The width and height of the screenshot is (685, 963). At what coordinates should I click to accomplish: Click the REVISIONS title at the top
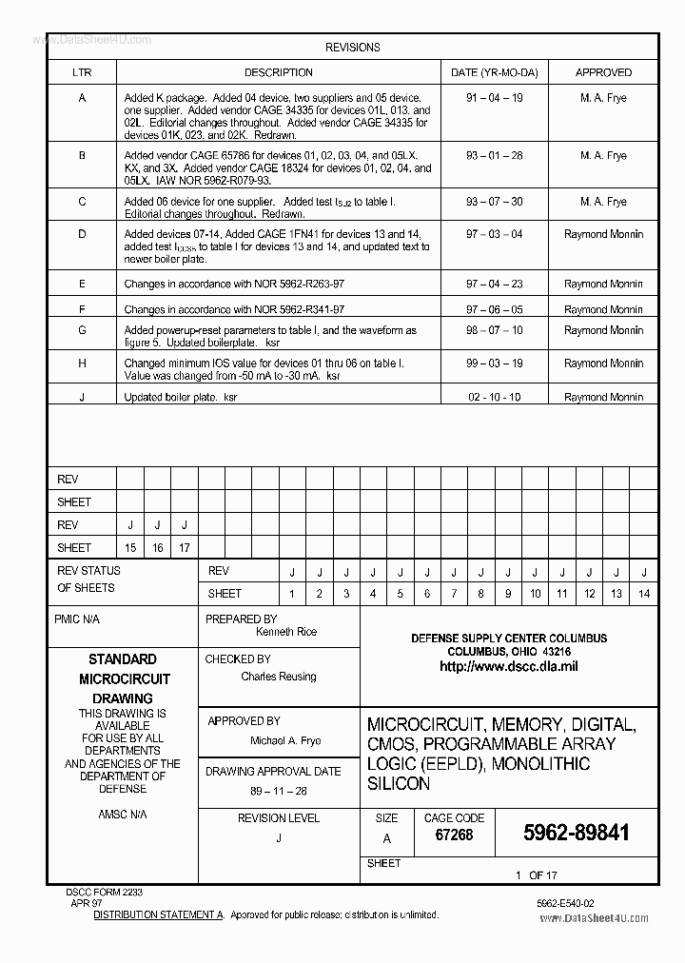[x=353, y=47]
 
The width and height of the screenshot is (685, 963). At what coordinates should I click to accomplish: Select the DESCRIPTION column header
[x=278, y=72]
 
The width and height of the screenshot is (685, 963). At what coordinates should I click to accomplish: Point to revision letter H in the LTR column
[x=82, y=364]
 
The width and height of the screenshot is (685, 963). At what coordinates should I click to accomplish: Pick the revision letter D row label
[x=82, y=234]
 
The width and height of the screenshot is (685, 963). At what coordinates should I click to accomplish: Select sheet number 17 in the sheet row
[x=185, y=548]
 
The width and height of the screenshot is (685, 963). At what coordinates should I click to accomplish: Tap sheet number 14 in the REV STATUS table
[x=644, y=594]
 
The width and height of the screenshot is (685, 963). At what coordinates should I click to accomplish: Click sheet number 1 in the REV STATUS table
[x=292, y=594]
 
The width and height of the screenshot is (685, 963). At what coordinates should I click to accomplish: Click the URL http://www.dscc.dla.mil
[x=508, y=666]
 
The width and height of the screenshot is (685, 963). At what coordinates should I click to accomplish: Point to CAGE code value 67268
[x=453, y=835]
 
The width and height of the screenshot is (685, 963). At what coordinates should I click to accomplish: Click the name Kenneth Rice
[x=286, y=632]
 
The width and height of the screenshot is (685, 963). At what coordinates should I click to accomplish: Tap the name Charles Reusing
[x=279, y=677]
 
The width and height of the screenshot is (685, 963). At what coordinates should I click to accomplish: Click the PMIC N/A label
[x=77, y=619]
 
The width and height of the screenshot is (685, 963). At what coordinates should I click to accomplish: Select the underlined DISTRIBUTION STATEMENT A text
[x=157, y=914]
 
